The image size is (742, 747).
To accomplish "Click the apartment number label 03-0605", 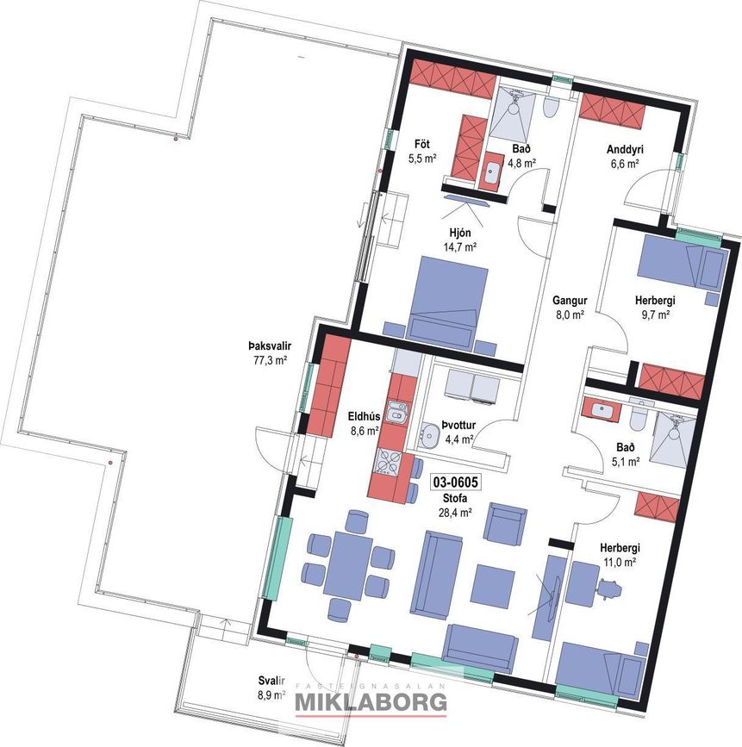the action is (455, 482).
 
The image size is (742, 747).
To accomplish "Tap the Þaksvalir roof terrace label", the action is (269, 346).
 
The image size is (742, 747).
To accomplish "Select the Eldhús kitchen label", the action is (364, 417).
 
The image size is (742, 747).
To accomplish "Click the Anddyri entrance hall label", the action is (625, 150).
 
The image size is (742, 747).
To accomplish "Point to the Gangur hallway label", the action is (570, 301).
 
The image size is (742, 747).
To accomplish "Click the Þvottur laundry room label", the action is (458, 426).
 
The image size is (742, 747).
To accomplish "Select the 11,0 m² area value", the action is (619, 562).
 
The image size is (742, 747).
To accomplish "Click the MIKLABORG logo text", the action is (371, 702).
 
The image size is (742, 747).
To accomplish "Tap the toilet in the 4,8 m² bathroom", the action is (551, 106).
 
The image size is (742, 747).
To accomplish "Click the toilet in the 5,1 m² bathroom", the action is (638, 418).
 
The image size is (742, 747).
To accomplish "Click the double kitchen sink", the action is (396, 412).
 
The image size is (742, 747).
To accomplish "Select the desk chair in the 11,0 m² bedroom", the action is (609, 588).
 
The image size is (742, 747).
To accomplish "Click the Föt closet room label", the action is (422, 144).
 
